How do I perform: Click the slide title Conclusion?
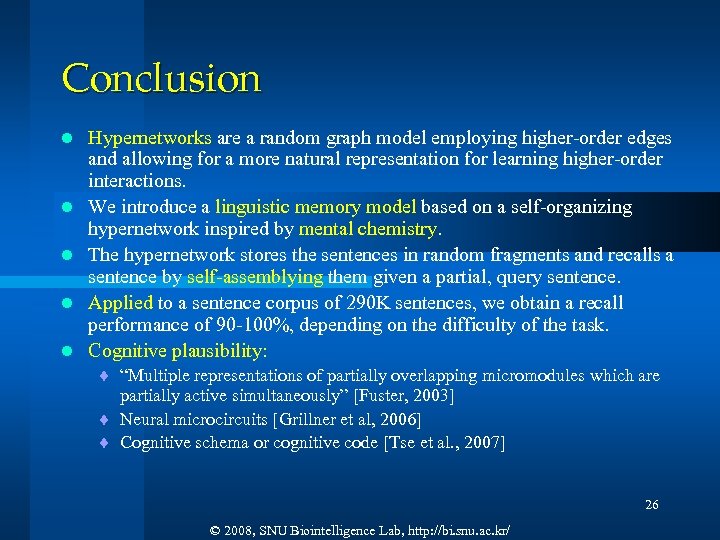click(x=161, y=78)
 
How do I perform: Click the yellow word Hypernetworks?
click(x=149, y=138)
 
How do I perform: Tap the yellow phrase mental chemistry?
click(x=383, y=229)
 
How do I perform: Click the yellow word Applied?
click(x=120, y=303)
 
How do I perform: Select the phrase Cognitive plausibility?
click(x=177, y=351)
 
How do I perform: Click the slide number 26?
click(x=651, y=505)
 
